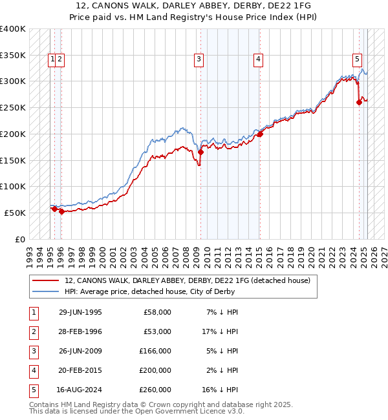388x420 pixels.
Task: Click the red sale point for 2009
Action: (200, 152)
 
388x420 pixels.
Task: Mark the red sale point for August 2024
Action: (360, 102)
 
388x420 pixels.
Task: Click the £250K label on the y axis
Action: (13, 107)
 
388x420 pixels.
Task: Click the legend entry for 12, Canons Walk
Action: (188, 280)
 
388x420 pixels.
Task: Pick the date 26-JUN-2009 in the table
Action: (80, 352)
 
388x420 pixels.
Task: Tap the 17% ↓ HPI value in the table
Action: (220, 331)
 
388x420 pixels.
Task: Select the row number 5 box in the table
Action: (33, 390)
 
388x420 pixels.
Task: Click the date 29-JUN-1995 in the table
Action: (80, 312)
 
